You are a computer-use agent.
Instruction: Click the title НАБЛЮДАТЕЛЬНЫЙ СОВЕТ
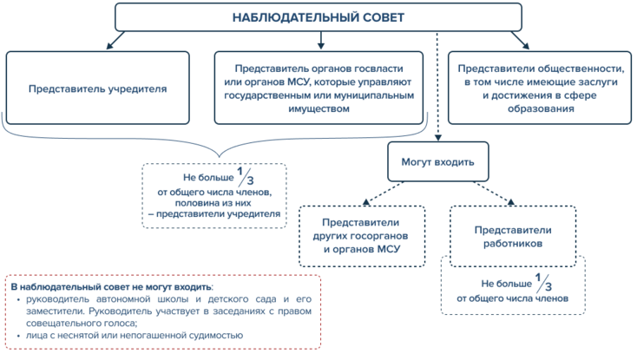pyautogui.click(x=318, y=17)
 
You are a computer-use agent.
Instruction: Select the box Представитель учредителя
pyautogui.click(x=97, y=88)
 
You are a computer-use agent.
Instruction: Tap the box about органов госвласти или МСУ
pyautogui.click(x=318, y=88)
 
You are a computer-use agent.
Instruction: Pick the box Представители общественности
pyautogui.click(x=540, y=88)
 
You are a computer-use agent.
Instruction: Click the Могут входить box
pyautogui.click(x=438, y=161)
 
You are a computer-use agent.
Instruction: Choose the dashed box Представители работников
pyautogui.click(x=513, y=236)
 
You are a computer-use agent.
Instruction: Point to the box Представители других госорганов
pyautogui.click(x=362, y=236)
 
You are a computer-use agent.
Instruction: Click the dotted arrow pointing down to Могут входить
pyautogui.click(x=437, y=87)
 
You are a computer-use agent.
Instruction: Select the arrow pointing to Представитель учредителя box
pyautogui.click(x=115, y=40)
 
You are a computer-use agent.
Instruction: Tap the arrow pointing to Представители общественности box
pyautogui.click(x=521, y=40)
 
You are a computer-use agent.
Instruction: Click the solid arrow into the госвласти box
pyautogui.click(x=321, y=40)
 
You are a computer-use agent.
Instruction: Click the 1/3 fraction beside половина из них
pyautogui.click(x=246, y=177)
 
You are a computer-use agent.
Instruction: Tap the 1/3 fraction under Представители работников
pyautogui.click(x=543, y=283)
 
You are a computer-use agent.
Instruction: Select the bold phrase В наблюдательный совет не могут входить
pyautogui.click(x=111, y=287)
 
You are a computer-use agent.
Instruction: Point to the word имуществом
pyautogui.click(x=318, y=108)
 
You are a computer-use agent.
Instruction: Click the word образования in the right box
pyautogui.click(x=541, y=108)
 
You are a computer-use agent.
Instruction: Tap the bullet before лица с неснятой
pyautogui.click(x=18, y=336)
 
